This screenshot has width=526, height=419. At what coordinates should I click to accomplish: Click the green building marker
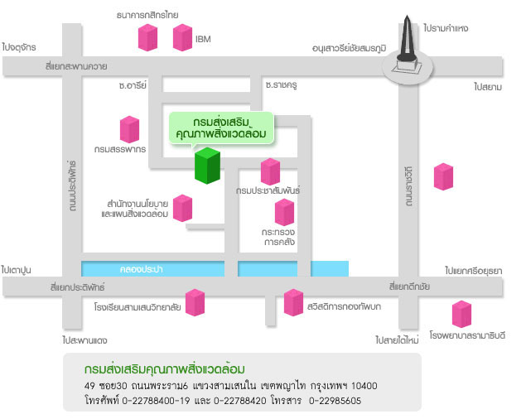(x=207, y=165)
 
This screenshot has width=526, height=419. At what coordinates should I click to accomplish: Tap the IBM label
(x=203, y=39)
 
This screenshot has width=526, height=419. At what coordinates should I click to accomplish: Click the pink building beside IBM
(x=182, y=37)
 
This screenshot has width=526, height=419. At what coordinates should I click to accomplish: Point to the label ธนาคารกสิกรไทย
(x=147, y=15)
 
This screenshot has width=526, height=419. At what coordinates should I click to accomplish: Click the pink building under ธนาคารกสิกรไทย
(x=147, y=37)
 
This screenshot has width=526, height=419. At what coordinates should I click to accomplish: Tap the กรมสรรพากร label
(x=120, y=150)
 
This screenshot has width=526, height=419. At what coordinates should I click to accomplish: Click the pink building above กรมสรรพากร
(x=129, y=129)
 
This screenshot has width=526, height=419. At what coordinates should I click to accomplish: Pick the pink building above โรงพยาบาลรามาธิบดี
(x=461, y=314)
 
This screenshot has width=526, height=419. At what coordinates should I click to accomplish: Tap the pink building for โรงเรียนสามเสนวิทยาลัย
(x=195, y=302)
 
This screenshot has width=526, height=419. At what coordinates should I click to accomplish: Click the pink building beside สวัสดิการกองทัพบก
(x=293, y=302)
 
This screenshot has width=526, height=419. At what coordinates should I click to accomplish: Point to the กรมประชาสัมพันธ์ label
(x=267, y=190)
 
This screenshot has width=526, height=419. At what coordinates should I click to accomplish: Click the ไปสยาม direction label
(x=489, y=86)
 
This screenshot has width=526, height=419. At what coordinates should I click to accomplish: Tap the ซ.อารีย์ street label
(x=132, y=84)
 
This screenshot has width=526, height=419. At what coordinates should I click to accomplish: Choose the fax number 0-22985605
(x=335, y=401)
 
